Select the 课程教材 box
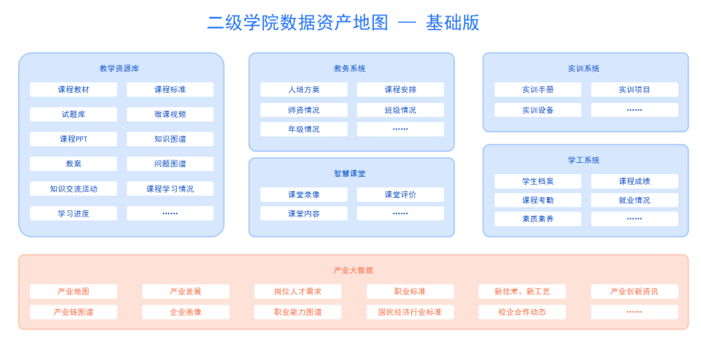(x=73, y=90)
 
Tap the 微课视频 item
(x=170, y=115)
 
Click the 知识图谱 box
(x=170, y=139)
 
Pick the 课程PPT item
(x=73, y=139)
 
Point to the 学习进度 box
(x=73, y=214)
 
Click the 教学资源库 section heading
(x=121, y=69)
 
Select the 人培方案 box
(x=304, y=90)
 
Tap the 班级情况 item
(x=400, y=110)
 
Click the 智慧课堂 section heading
(x=351, y=174)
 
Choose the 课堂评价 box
(x=400, y=194)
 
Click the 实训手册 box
(x=537, y=90)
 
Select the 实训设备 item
(x=537, y=110)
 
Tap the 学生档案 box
(x=537, y=181)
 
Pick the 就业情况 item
(x=634, y=200)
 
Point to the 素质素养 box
(x=537, y=219)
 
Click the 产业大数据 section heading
(x=353, y=270)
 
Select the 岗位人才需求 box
(x=298, y=291)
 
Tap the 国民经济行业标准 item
(x=410, y=312)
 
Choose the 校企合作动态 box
(x=522, y=312)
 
